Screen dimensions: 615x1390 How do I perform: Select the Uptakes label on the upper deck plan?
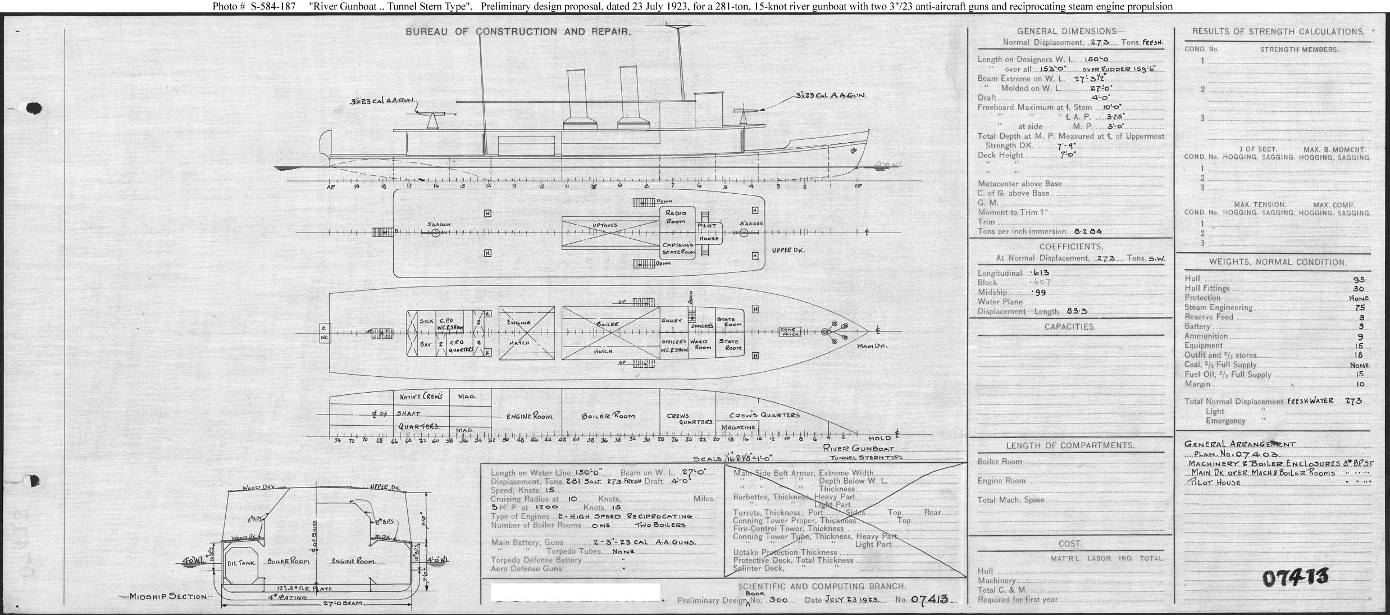[605, 226]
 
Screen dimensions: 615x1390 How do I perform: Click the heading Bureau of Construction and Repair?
[518, 32]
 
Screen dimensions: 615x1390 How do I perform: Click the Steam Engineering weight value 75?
[1360, 308]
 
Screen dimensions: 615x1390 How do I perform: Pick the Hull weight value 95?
[1359, 279]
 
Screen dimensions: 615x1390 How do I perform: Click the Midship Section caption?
[168, 596]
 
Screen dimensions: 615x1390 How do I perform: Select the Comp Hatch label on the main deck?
[791, 332]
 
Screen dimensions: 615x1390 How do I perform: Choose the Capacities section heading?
[1070, 327]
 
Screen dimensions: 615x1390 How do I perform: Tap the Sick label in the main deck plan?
[426, 321]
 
